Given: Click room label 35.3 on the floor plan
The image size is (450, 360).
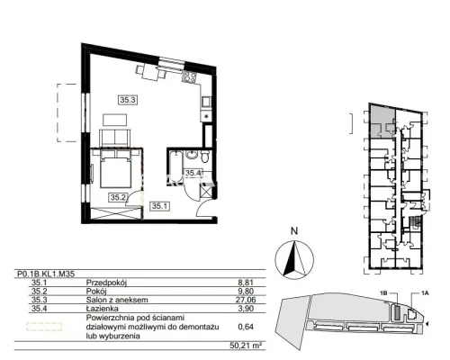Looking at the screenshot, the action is tap(129, 100).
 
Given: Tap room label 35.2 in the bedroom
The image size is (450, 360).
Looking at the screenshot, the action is tap(119, 197).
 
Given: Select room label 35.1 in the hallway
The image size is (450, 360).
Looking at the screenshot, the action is tap(160, 206).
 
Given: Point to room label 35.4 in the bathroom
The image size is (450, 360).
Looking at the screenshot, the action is tap(193, 173).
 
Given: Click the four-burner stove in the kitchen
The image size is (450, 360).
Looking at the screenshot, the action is tap(190, 77).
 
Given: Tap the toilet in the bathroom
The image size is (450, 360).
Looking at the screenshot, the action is tap(204, 157).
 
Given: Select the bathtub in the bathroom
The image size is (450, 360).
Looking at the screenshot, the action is tap(176, 166).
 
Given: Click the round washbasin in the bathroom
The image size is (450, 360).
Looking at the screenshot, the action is tap(191, 156).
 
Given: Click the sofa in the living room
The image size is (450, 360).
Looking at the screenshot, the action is tap(115, 138).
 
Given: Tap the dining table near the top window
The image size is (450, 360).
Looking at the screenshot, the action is tap(150, 73).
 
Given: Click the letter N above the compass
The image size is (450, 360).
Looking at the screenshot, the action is tap(294, 231).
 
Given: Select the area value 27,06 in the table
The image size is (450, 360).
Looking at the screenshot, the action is tap(246, 300).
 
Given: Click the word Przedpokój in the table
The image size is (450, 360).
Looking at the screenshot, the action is tap(106, 283).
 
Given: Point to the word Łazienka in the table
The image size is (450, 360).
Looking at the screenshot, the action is tap(103, 308).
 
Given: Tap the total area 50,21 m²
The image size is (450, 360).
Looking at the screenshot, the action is tap(244, 346).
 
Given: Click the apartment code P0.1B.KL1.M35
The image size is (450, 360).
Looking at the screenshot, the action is tap(46, 274).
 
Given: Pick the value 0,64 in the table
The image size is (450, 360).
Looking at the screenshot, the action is tap(246, 327).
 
